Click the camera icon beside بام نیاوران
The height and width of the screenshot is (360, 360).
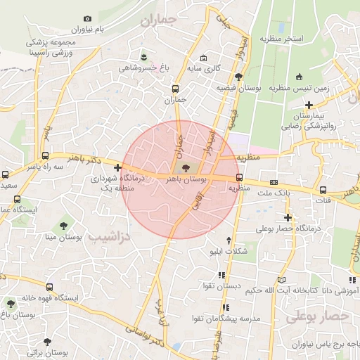coord(87,19)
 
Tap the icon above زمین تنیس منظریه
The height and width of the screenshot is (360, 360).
coord(300,77)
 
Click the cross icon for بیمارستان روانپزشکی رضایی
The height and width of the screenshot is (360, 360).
coord(308,105)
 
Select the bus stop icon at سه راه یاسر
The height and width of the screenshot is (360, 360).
coord(46,156)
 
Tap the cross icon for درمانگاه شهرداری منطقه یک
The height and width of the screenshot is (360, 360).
coord(117,167)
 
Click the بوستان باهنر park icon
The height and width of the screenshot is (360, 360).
coord(185,168)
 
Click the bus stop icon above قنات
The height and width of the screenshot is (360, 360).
coord(323,189)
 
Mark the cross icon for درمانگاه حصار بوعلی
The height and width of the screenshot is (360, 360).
coord(287,217)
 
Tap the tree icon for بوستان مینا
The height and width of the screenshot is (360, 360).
coord(64,225)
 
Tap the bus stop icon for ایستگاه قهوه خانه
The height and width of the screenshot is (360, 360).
coord(49,286)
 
